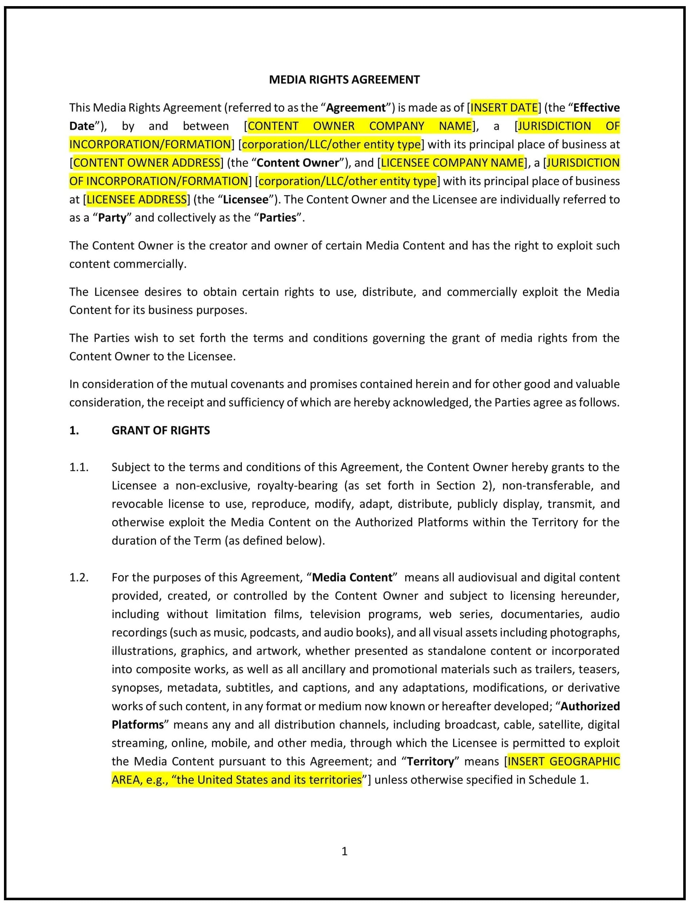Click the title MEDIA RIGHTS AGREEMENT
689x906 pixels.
point(344,80)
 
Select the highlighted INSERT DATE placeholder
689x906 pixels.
point(504,107)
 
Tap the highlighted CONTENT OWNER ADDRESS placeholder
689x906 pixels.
point(147,163)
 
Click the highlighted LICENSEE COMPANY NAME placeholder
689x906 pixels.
point(452,163)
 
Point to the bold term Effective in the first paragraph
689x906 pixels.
point(596,107)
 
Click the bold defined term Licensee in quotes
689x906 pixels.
point(245,199)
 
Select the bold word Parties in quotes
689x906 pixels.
point(278,218)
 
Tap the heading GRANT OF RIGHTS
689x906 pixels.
point(160,430)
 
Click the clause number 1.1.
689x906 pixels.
point(79,467)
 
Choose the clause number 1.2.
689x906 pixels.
point(79,578)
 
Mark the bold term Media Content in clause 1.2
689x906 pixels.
point(352,578)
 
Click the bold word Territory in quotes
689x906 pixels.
point(430,761)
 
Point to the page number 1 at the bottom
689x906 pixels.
point(344,852)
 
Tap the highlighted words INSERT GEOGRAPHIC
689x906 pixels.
point(564,761)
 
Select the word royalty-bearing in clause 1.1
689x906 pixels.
point(297,486)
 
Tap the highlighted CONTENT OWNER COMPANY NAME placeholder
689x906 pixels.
point(360,126)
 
